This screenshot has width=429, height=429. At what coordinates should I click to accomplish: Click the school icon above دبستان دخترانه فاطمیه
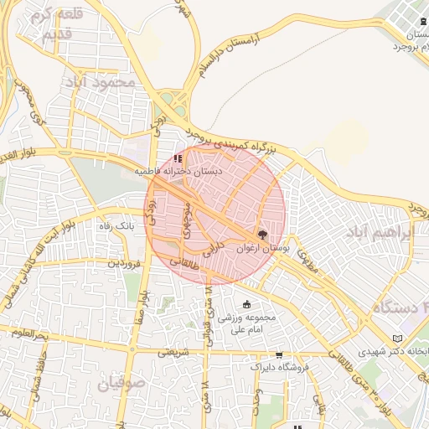click(x=177, y=158)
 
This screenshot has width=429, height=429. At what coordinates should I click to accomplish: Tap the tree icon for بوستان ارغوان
click(x=262, y=236)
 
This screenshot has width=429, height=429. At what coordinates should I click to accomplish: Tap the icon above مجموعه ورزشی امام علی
click(x=246, y=305)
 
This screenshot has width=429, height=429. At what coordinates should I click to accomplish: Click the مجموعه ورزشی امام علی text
click(x=246, y=323)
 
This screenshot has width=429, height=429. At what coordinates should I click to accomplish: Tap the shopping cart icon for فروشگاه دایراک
click(x=279, y=355)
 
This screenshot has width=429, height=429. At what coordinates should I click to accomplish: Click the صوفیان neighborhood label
click(x=121, y=385)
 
